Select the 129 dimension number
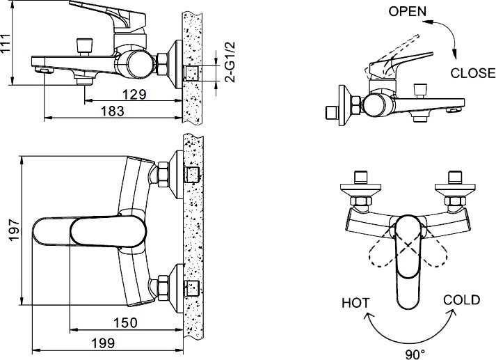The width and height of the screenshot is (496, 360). point(133,93)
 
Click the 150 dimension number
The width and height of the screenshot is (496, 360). point(126,322)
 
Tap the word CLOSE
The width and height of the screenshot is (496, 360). point(472,72)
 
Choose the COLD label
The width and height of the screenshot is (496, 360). point(461,300)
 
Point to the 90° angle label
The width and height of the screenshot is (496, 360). point(415,354)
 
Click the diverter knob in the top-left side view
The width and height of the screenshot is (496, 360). point(86,47)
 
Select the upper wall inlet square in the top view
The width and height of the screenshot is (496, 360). point(191,173)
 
